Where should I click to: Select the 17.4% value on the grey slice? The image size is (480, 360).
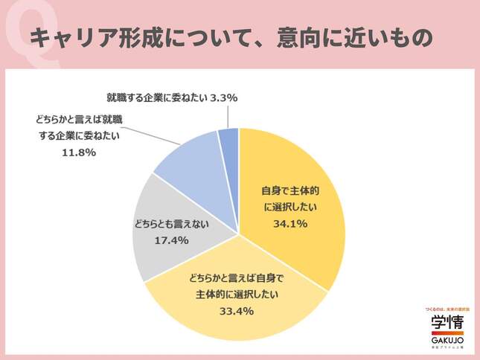coord(170,240)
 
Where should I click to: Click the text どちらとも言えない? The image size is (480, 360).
coord(170,222)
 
